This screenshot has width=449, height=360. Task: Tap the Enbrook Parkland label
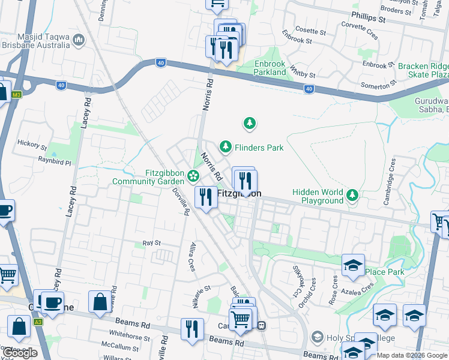[x=262, y=68]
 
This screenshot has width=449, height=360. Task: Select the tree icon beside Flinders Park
[x=225, y=146]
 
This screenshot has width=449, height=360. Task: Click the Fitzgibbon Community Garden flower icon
[x=193, y=176]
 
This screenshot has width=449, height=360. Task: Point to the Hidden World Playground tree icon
[x=352, y=195]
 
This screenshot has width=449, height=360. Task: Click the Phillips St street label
[x=369, y=19]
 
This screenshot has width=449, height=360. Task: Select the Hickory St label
[x=32, y=145]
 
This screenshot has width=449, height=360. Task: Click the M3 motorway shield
[x=16, y=94]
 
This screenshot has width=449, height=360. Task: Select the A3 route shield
[x=38, y=322]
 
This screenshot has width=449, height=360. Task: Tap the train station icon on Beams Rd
[x=262, y=326]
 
